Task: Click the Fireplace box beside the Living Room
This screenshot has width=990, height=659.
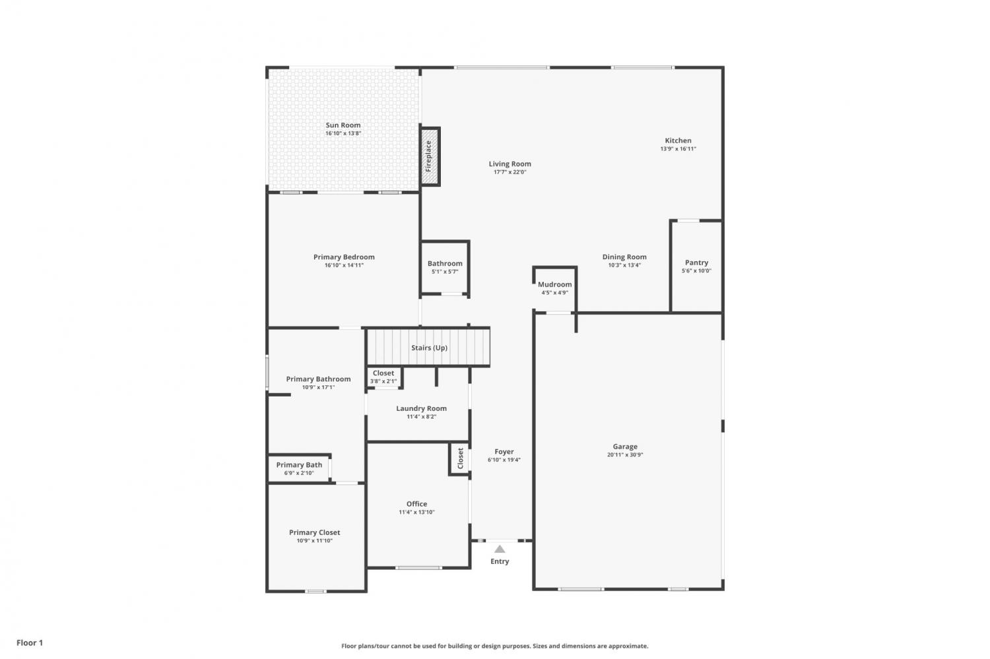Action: click(430, 157)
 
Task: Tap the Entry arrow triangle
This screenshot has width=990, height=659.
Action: click(500, 549)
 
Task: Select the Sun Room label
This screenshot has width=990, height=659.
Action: click(343, 125)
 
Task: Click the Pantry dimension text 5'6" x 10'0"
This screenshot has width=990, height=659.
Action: click(696, 270)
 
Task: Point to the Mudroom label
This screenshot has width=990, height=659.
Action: click(554, 284)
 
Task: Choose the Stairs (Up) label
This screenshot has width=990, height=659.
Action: click(429, 348)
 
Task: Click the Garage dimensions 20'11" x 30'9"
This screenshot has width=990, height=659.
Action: click(625, 455)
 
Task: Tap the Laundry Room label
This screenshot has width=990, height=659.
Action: click(421, 408)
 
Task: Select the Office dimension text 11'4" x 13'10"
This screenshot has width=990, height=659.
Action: click(416, 512)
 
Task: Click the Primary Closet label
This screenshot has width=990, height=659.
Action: click(315, 533)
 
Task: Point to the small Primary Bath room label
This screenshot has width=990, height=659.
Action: click(299, 464)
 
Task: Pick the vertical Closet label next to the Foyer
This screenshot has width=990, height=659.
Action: click(460, 458)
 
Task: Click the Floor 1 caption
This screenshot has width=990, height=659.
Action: click(30, 643)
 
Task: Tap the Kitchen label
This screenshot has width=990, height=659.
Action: click(678, 141)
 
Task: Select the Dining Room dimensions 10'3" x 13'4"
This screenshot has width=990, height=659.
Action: click(624, 265)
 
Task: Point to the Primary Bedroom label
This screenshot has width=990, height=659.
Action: click(344, 257)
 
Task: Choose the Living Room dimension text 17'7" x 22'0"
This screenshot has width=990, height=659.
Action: click(510, 172)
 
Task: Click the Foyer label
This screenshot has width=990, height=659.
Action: click(504, 451)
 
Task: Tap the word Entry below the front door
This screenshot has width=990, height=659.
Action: click(500, 561)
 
